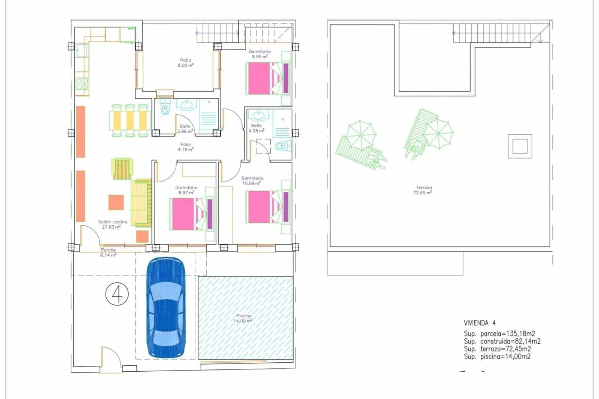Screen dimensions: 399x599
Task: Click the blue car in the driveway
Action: [x=165, y=308]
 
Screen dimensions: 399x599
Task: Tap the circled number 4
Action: [x=117, y=294]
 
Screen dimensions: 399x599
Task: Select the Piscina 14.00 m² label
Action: [x=244, y=318]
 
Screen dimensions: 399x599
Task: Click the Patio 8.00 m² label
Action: [x=185, y=63]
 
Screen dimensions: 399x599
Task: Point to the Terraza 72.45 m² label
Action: [x=424, y=190]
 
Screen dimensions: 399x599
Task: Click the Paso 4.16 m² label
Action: [x=185, y=147]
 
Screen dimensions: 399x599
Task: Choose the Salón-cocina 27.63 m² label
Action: [x=112, y=224]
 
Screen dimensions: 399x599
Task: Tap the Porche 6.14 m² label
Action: [x=108, y=252]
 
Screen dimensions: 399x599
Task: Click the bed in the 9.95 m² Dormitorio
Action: [x=268, y=78]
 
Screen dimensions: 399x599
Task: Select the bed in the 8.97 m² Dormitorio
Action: [x=192, y=214]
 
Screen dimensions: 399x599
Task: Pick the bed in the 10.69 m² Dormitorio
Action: [x=268, y=207]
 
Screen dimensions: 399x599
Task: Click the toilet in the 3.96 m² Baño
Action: [x=164, y=108]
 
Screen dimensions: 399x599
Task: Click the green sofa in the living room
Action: [x=140, y=202]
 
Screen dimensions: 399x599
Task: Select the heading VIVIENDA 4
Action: [x=480, y=323]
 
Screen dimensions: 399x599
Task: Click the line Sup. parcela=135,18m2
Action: [x=499, y=334]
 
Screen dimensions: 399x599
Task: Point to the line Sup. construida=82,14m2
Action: [x=502, y=341]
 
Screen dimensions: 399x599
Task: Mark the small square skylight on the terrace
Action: [x=520, y=146]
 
